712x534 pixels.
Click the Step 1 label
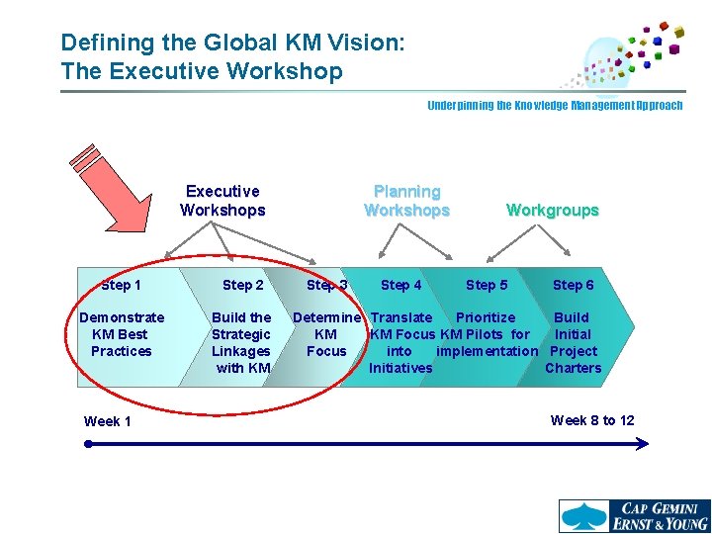pyautogui.click(x=121, y=285)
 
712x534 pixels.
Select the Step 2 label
pyautogui.click(x=242, y=285)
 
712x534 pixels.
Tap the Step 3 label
pyautogui.click(x=326, y=285)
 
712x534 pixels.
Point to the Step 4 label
pyautogui.click(x=400, y=285)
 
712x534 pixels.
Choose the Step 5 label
pyautogui.click(x=487, y=285)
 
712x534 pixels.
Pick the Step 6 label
pyautogui.click(x=573, y=285)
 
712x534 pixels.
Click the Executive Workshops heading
pyautogui.click(x=222, y=200)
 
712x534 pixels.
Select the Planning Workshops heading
pyautogui.click(x=406, y=200)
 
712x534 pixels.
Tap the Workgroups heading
pyautogui.click(x=552, y=210)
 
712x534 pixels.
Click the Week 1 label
pyautogui.click(x=107, y=421)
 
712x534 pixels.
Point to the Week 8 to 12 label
pyautogui.click(x=592, y=420)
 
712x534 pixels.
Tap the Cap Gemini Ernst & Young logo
pyautogui.click(x=633, y=515)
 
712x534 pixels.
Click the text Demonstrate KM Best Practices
pyautogui.click(x=121, y=334)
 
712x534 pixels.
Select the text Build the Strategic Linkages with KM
pyautogui.click(x=241, y=342)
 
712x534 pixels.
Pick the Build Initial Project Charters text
pyautogui.click(x=573, y=342)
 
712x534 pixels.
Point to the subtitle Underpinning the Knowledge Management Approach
pyautogui.click(x=554, y=105)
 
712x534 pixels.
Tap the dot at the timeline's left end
pyautogui.click(x=88, y=445)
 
